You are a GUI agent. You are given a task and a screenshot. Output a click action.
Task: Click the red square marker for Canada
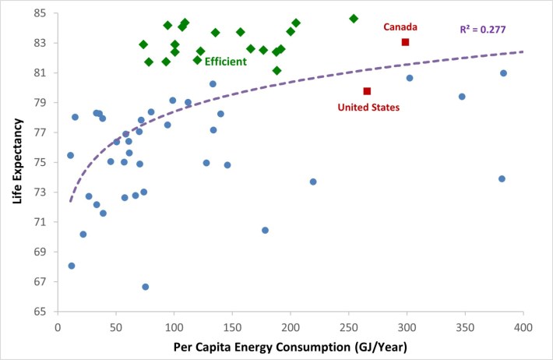[405, 42]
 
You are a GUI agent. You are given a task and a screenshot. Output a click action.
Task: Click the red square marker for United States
[367, 91]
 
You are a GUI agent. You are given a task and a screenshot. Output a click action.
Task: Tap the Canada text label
[401, 27]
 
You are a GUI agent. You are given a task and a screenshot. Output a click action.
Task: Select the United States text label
[368, 108]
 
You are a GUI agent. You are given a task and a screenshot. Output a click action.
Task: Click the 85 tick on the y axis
[41, 13]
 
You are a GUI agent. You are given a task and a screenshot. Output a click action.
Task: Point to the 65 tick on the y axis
[41, 311]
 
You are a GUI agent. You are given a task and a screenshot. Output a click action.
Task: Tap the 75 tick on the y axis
[41, 162]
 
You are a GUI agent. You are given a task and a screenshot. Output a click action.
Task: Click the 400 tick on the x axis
[523, 324]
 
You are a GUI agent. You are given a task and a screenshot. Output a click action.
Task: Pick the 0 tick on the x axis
[58, 324]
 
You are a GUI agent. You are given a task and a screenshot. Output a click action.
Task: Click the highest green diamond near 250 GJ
[354, 18]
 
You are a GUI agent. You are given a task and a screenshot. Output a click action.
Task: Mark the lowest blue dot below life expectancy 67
[146, 287]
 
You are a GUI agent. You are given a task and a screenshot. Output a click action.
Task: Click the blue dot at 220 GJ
[313, 182]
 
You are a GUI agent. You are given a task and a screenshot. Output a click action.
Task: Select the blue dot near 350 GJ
[462, 97]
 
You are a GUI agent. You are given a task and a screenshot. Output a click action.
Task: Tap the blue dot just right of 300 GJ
[410, 78]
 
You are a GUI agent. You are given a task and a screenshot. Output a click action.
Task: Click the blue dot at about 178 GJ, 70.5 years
[266, 230]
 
